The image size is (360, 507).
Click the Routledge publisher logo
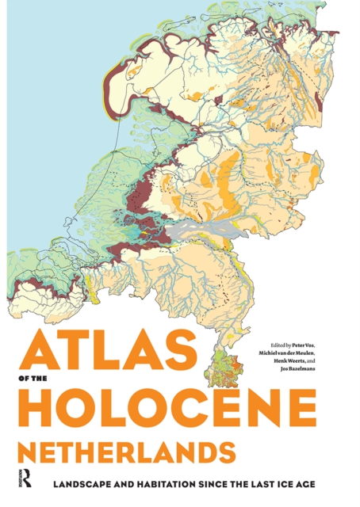coord(23,479)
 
